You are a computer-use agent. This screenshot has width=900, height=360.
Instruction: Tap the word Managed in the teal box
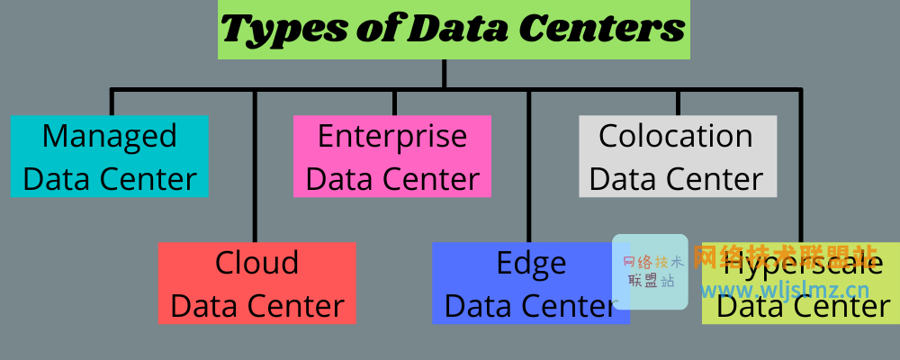tap(109, 137)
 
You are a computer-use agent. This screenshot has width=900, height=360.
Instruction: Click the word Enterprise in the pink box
tap(392, 137)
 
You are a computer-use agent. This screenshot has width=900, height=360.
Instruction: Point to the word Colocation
tap(676, 137)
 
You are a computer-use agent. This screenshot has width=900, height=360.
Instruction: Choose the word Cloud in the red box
tap(257, 264)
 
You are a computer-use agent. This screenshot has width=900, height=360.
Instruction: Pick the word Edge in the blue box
tap(531, 264)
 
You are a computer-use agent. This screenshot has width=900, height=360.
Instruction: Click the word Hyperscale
tap(803, 265)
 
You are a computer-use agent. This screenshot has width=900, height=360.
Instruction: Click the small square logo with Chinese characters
tap(650, 272)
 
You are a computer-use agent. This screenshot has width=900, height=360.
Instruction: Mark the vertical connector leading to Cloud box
tap(256, 166)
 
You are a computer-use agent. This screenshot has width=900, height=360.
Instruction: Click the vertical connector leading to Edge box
tap(529, 166)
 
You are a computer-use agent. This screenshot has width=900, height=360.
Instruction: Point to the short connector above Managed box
tap(112, 102)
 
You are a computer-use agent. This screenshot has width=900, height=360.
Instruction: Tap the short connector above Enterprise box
tap(394, 102)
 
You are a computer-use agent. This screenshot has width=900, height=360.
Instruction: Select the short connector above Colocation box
tap(677, 102)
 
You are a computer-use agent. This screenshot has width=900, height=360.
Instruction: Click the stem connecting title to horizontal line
tap(444, 74)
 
